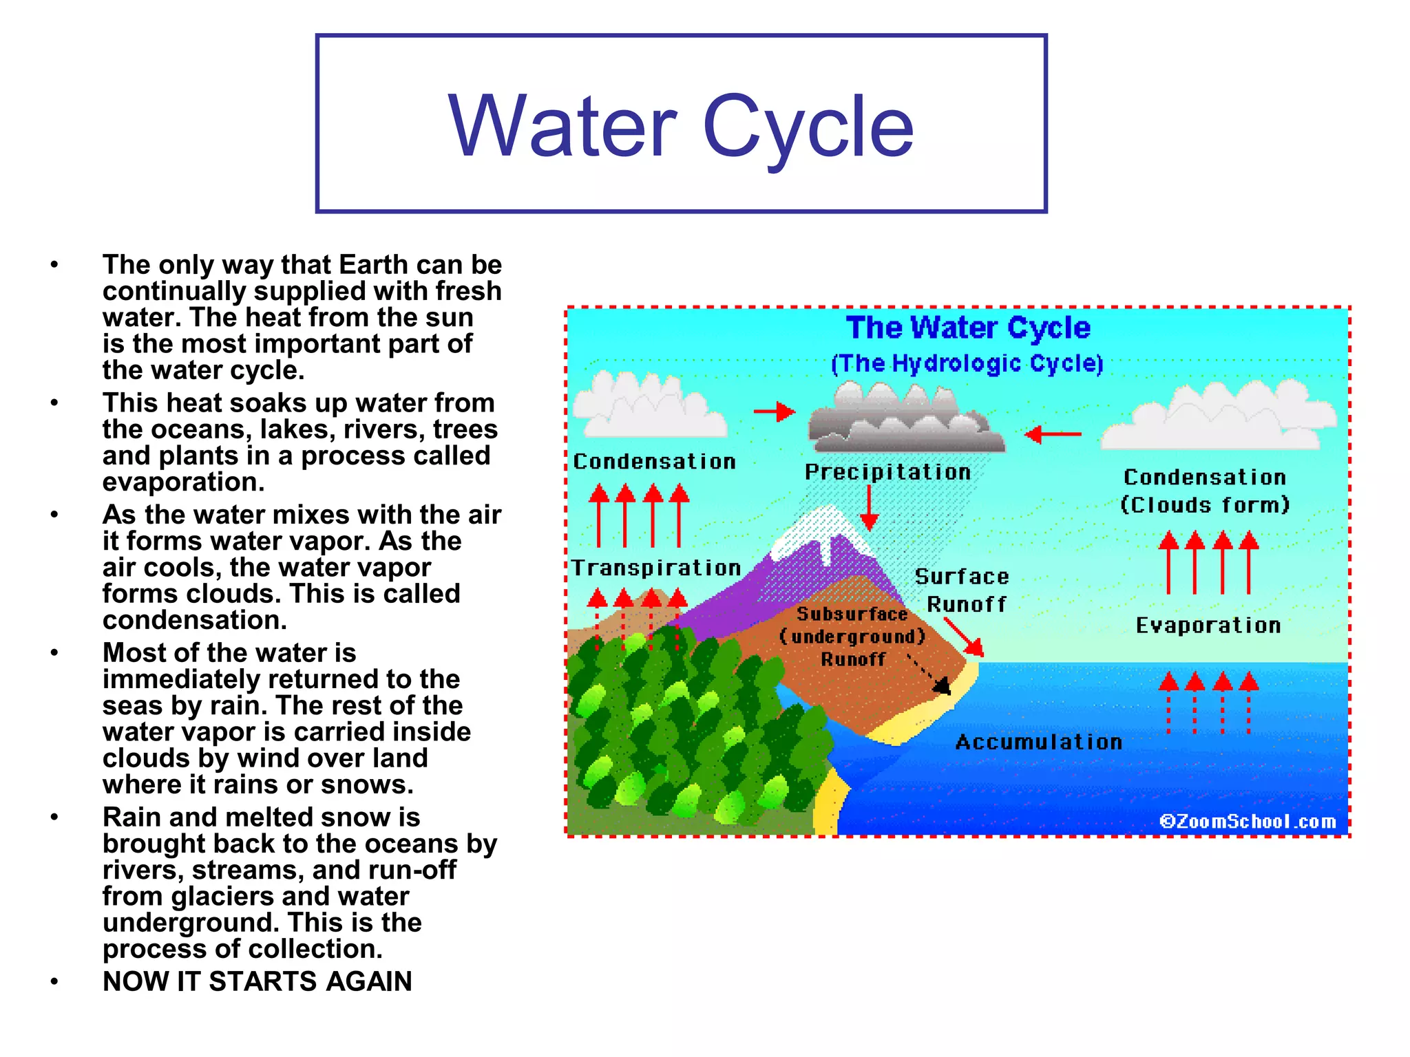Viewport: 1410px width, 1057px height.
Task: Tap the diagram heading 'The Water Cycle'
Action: click(x=968, y=328)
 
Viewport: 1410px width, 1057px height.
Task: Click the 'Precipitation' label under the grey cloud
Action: click(x=887, y=472)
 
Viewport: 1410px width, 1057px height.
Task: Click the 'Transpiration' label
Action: click(x=656, y=568)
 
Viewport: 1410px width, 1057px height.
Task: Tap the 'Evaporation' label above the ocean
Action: click(x=1208, y=626)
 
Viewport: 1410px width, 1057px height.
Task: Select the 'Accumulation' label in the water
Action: click(x=1038, y=742)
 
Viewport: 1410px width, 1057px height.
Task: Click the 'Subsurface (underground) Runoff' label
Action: click(x=852, y=637)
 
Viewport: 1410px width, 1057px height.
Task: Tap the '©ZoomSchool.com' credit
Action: click(x=1247, y=821)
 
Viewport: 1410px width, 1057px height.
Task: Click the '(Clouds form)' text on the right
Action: click(x=1204, y=505)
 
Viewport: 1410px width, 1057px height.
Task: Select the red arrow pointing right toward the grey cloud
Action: click(x=775, y=412)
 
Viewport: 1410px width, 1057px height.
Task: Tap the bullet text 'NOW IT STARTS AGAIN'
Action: click(x=257, y=981)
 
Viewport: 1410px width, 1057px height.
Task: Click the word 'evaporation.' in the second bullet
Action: click(x=183, y=482)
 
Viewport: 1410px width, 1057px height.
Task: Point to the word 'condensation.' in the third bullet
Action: click(x=194, y=620)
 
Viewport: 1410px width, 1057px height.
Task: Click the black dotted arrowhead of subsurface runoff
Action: click(x=942, y=685)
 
